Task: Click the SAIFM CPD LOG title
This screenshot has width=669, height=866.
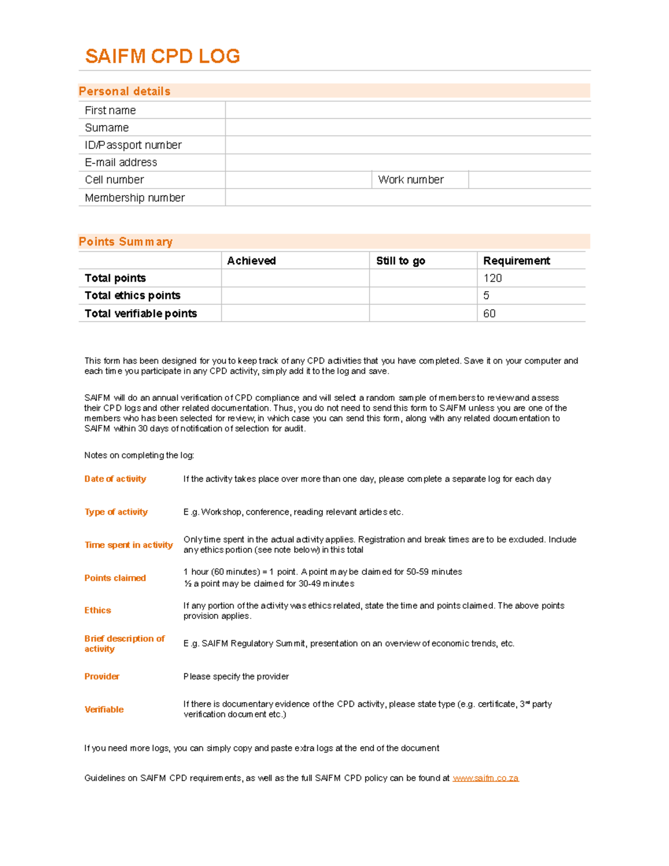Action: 162,56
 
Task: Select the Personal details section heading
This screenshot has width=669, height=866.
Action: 124,91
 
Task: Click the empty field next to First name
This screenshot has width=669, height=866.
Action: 408,110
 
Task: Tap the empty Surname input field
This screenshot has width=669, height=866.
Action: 408,128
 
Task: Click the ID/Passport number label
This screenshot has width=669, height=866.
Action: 133,145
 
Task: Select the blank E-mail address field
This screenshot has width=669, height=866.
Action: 408,162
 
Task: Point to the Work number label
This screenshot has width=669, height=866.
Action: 411,180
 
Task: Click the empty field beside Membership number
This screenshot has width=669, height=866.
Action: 408,197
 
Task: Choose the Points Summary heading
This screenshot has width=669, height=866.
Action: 125,241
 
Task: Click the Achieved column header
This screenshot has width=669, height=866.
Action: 251,260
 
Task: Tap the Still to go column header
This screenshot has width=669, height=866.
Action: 400,260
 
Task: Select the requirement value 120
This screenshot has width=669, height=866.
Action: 492,278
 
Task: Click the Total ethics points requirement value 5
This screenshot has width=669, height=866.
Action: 486,296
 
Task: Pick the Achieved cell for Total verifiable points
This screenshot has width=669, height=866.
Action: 295,313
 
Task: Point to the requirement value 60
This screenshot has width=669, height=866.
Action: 489,313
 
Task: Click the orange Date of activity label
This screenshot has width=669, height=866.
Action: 115,478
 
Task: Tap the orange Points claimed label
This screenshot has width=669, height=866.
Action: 115,578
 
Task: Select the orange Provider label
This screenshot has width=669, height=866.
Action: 101,676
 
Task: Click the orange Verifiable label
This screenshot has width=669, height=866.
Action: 104,709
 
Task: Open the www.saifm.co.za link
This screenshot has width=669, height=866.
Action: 486,778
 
